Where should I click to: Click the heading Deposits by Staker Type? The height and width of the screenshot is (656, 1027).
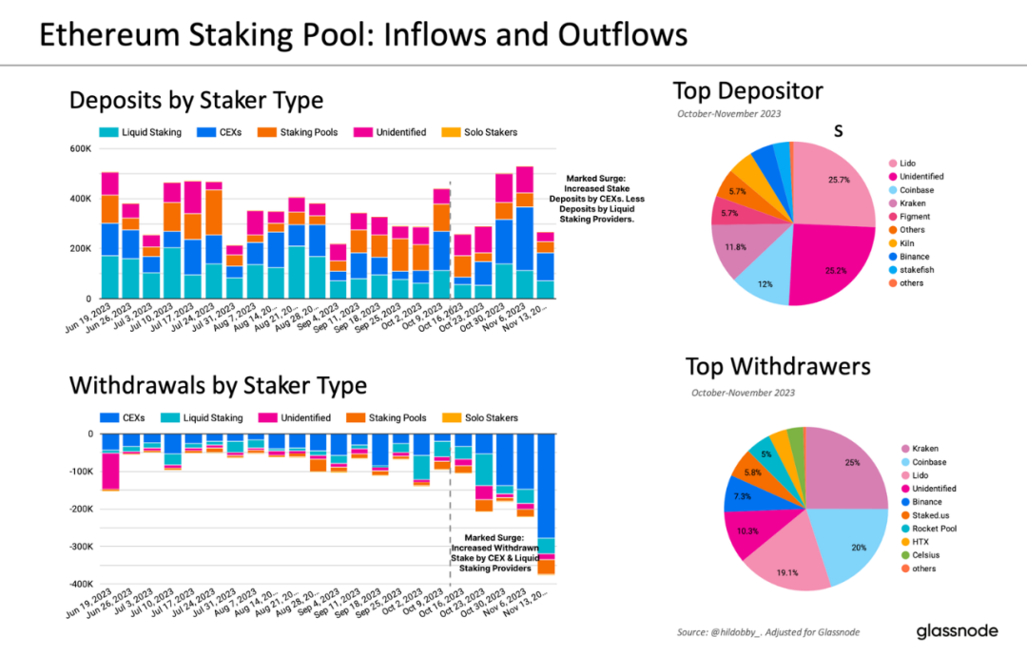[x=196, y=100]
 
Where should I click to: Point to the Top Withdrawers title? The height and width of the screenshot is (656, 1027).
[x=778, y=367]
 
